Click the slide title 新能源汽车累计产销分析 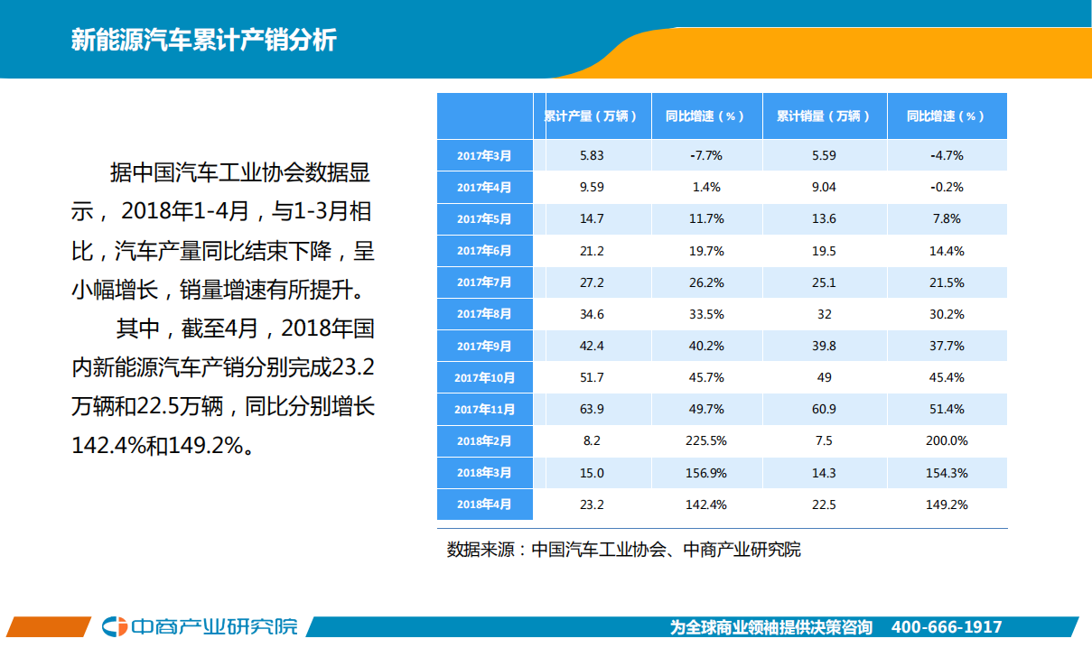coord(203,41)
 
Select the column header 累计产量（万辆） coord(591,116)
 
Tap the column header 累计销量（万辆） coord(824,116)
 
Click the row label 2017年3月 coord(484,155)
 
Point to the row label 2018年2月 coord(484,441)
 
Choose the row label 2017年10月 coord(484,377)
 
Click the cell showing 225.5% coord(705,441)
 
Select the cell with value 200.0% coord(947,441)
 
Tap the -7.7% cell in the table coord(705,155)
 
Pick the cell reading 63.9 coord(592,410)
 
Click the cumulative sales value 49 coord(824,377)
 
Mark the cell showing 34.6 coord(592,314)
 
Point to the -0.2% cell coord(947,187)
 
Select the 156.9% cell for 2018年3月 coord(705,473)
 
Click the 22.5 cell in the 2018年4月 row coord(824,505)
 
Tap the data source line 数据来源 coord(623,550)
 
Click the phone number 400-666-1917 coord(946,627)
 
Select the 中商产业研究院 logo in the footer coord(200,626)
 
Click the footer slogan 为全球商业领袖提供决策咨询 coord(771,627)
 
